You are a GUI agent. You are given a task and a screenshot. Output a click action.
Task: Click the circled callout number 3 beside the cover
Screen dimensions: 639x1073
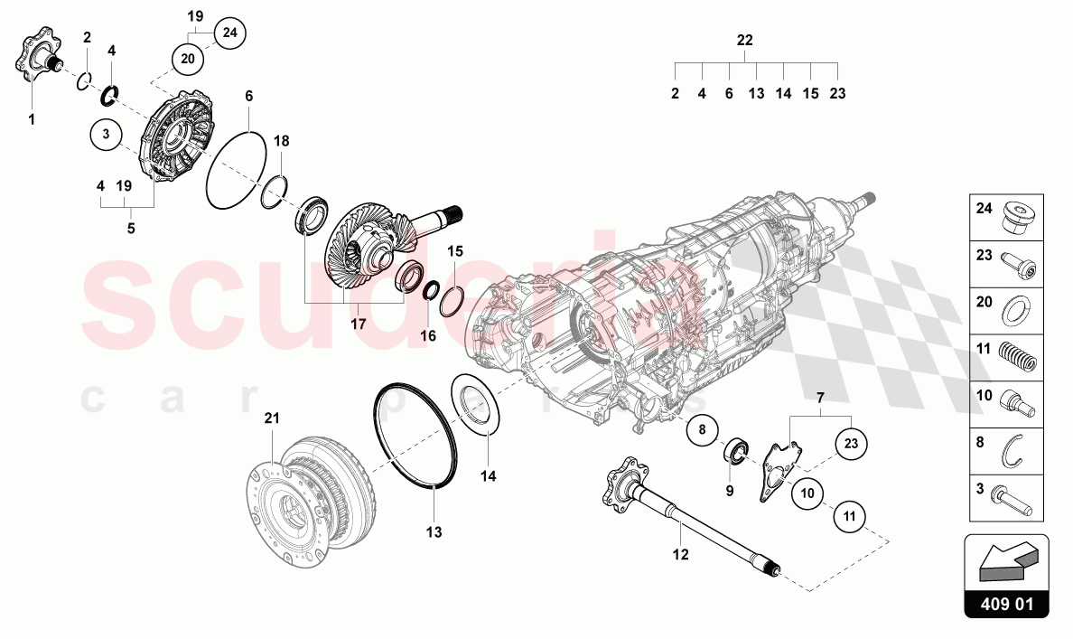tap(106, 135)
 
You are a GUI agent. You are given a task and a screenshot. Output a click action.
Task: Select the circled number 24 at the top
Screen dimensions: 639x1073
tap(230, 33)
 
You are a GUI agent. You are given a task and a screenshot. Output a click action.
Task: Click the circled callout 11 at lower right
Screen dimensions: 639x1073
tap(849, 516)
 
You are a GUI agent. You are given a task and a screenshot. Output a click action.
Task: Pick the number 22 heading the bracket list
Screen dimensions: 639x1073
tap(744, 41)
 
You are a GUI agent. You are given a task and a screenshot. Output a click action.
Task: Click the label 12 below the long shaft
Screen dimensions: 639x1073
tap(679, 554)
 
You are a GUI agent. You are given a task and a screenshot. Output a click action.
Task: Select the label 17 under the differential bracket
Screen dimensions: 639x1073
tap(358, 323)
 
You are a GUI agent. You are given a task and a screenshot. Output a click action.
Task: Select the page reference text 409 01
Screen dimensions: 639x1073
tap(1007, 604)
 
